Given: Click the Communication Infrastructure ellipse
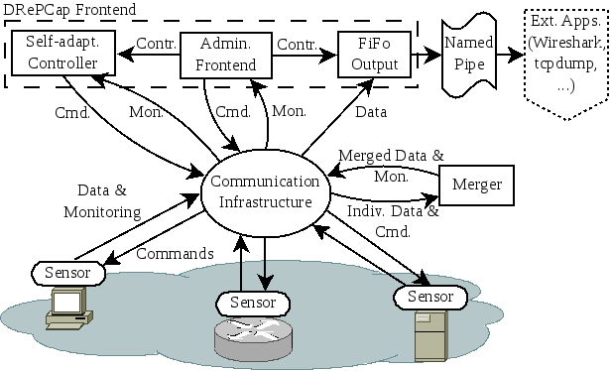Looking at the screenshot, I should pyautogui.click(x=264, y=191).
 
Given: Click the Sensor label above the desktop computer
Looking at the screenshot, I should pyautogui.click(x=66, y=271).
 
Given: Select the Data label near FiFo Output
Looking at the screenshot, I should pyautogui.click(x=371, y=112).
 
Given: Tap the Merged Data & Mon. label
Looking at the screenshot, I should pyautogui.click(x=391, y=165).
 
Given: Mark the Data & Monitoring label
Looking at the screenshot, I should pyautogui.click(x=102, y=201).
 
